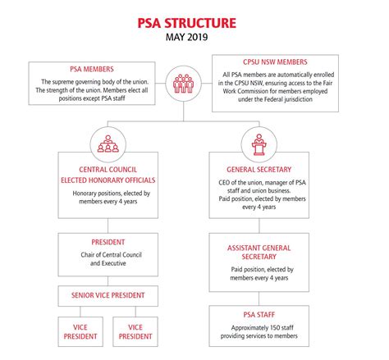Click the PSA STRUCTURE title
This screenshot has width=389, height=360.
[194, 18]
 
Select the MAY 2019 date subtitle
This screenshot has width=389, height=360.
[194, 37]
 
